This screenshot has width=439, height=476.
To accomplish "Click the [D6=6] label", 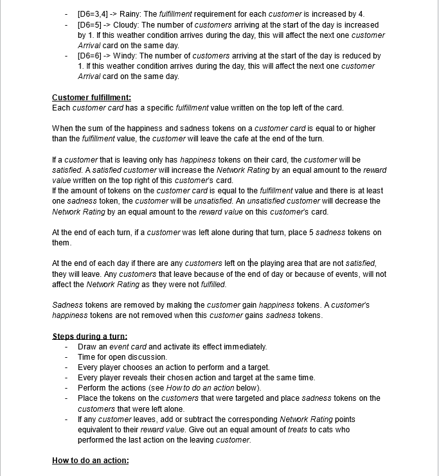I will coord(89,56).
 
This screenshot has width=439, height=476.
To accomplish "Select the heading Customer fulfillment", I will coord(91,98).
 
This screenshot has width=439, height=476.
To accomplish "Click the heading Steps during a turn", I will coord(89,337).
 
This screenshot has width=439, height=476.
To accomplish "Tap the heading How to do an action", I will coord(90,461).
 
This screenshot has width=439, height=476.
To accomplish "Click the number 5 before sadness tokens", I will coord(295,232).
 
